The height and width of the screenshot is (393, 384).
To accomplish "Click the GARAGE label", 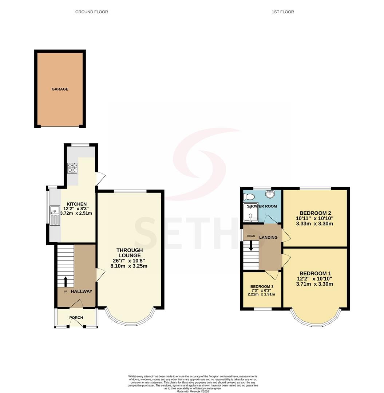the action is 60,89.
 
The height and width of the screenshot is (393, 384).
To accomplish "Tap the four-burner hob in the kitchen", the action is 72,168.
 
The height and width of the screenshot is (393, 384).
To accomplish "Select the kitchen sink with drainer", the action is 55,215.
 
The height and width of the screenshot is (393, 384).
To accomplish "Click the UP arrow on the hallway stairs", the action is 66,282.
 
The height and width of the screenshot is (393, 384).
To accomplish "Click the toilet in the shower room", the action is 249,197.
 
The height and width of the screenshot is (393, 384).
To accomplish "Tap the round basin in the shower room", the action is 270,194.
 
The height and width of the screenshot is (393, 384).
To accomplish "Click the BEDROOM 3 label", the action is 262,286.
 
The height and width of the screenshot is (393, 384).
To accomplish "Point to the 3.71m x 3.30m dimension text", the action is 314,284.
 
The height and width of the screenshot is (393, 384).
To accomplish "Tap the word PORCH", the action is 76,318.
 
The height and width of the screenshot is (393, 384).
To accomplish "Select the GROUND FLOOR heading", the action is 92,12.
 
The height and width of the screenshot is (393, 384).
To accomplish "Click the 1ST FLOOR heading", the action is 283,12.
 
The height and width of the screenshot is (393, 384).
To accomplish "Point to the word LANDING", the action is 269,237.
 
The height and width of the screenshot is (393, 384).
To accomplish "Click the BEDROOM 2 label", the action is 315,213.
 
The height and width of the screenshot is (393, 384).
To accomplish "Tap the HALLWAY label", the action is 82,291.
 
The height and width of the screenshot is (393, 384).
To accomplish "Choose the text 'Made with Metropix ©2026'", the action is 193,391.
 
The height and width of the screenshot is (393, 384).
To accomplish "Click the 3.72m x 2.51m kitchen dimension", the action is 76,213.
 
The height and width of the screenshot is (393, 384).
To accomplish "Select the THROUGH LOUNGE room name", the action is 130,253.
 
